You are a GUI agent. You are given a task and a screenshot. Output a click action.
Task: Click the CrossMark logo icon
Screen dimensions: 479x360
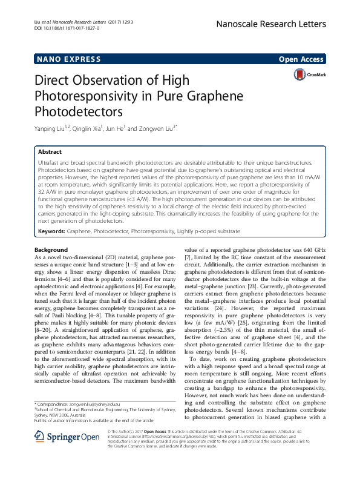click(x=300, y=75)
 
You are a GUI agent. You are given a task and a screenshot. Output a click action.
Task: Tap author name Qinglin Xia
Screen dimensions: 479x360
click(x=89, y=128)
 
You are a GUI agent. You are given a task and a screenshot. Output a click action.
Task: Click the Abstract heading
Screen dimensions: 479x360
click(x=50, y=152)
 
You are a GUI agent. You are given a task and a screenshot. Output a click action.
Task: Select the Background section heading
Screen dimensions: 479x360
click(x=51, y=250)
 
